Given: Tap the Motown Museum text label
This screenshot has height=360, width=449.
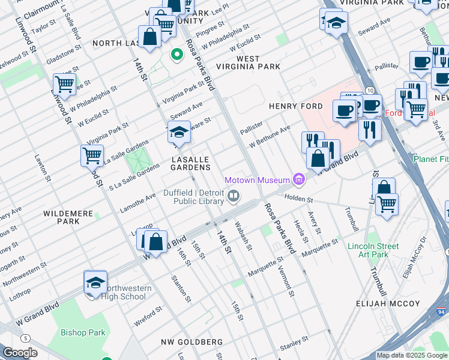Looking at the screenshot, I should [257, 179].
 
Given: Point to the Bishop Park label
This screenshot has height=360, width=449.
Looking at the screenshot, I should [83, 332].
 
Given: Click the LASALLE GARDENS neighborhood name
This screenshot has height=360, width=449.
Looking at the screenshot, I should [190, 163].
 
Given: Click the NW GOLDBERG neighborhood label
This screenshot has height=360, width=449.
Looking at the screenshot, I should [191, 342].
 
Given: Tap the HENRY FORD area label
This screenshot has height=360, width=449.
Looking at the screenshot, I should [292, 106].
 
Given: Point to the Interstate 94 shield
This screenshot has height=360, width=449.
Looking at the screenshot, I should [441, 312].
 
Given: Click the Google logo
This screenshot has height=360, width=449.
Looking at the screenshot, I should [20, 353].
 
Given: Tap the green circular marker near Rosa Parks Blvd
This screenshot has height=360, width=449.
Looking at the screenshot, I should [176, 56].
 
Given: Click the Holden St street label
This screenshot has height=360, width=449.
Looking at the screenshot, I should [298, 199].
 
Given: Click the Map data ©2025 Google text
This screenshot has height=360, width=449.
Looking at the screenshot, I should [412, 355].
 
